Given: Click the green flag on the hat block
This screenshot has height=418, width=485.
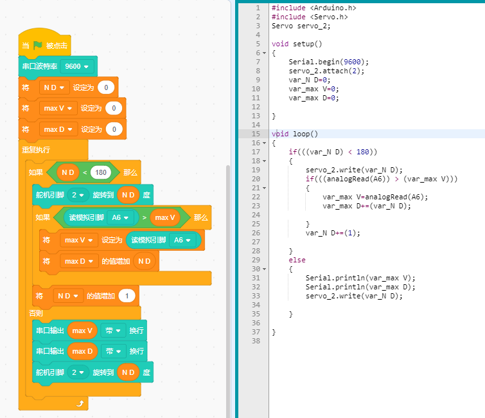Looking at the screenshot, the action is (x=37, y=46).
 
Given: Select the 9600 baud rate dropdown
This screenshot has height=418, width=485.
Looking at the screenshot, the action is (x=77, y=66).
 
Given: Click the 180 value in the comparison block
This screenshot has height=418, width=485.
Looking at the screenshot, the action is (x=100, y=172).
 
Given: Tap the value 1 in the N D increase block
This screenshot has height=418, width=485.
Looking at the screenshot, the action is (x=127, y=296).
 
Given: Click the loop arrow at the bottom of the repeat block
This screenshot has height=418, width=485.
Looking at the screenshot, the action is (x=80, y=403).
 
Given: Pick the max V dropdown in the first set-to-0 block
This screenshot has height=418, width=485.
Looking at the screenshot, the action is (x=58, y=108).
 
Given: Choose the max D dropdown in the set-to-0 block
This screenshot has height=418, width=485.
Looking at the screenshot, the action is (x=58, y=129).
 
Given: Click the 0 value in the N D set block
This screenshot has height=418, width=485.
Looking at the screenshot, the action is (x=106, y=87).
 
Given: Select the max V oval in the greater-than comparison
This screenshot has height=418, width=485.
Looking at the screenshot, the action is (x=165, y=217).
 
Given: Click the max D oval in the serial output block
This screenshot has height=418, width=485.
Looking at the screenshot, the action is (x=82, y=351).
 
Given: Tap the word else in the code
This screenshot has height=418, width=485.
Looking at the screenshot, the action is (x=297, y=260).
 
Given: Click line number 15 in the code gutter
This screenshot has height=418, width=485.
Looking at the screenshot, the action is (x=256, y=134).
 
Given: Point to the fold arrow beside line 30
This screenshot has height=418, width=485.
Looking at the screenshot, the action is (x=265, y=269).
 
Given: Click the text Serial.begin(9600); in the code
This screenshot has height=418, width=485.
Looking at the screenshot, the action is (x=328, y=62).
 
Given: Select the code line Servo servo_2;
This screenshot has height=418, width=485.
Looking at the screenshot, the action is (x=301, y=26).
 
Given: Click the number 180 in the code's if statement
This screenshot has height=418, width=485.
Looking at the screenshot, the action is (x=362, y=152).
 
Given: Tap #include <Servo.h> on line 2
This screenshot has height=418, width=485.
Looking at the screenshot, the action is (x=310, y=17).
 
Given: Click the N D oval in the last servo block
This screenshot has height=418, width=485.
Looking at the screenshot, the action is (x=128, y=372).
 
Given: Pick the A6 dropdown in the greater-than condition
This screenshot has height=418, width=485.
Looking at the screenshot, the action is (x=120, y=217).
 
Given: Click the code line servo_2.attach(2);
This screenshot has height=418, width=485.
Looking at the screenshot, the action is (x=326, y=71).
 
